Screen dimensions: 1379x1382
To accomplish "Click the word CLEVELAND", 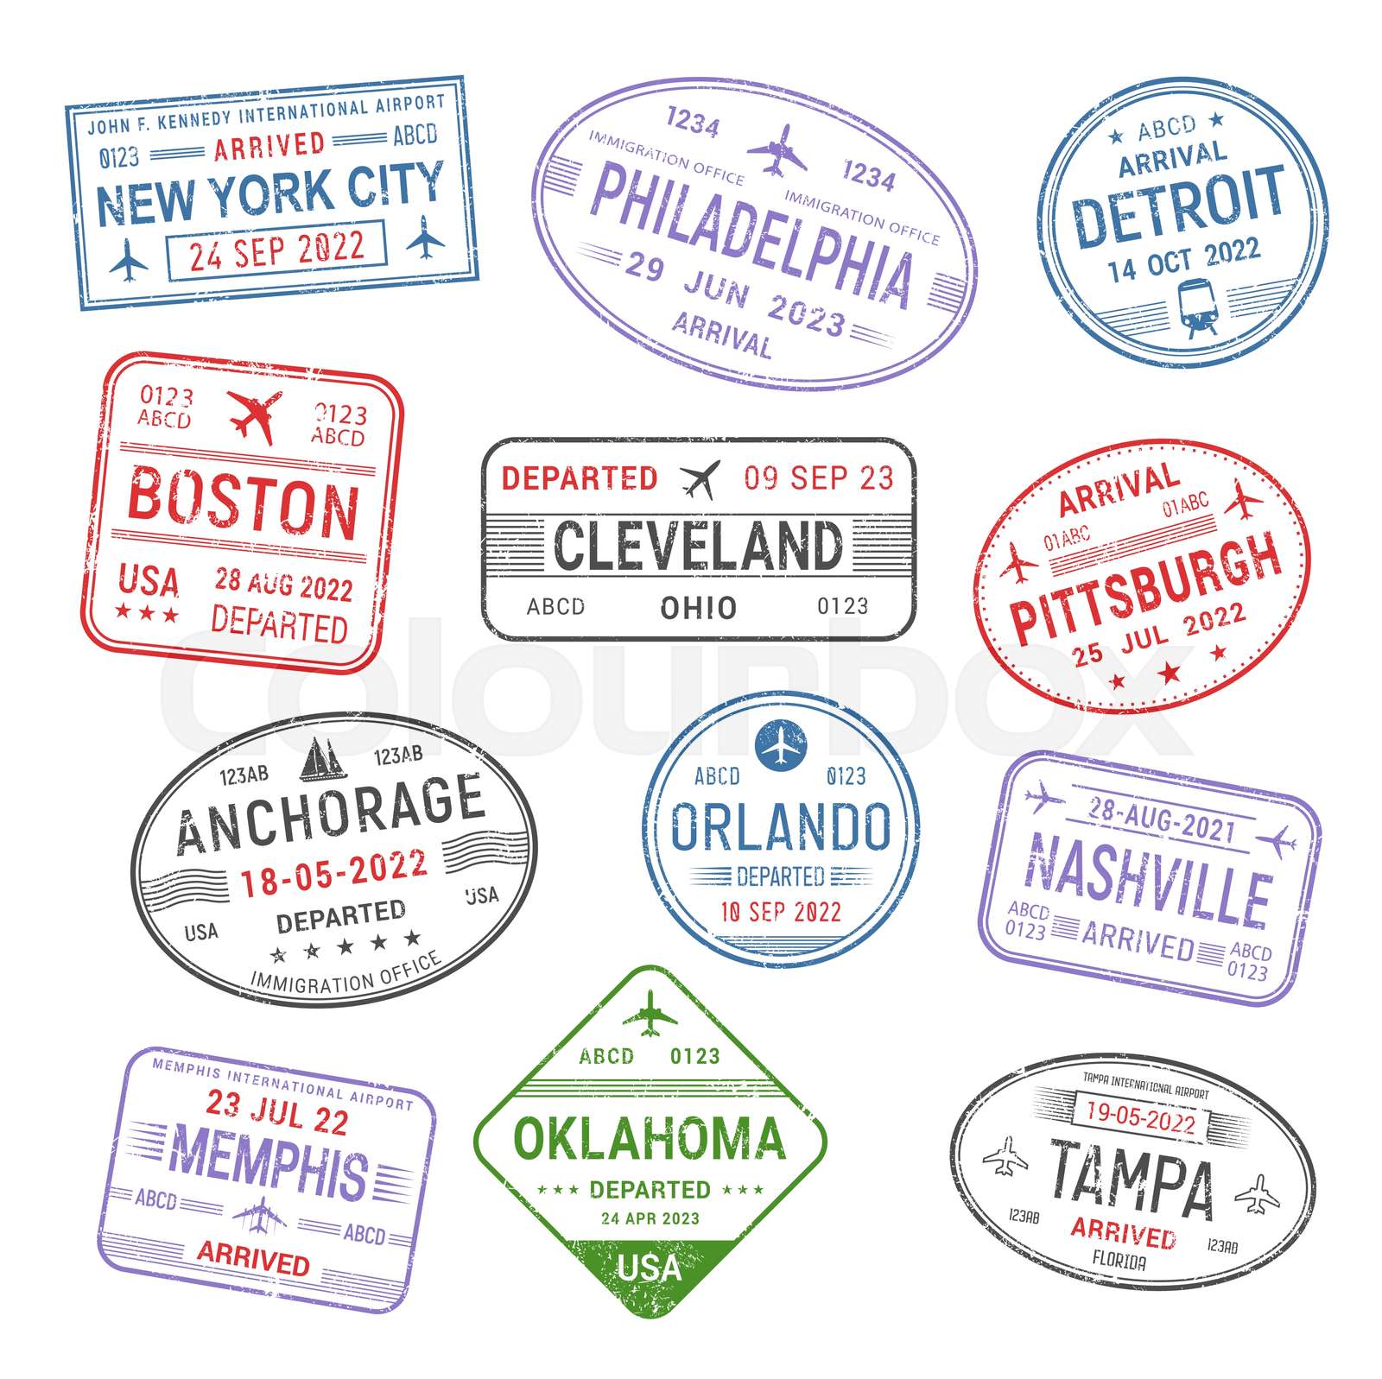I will (x=697, y=545).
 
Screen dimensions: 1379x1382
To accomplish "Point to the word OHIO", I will (x=698, y=608).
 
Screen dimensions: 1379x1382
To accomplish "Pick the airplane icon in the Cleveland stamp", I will (x=700, y=478).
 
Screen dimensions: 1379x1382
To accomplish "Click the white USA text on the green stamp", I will (x=650, y=1268).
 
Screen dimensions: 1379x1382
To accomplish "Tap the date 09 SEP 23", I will (x=818, y=478).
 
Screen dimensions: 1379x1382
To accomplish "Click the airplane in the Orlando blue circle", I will (x=780, y=744).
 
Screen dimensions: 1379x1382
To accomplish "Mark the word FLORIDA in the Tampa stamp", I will (x=1119, y=1261).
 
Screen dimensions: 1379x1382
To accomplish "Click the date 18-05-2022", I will (x=333, y=872).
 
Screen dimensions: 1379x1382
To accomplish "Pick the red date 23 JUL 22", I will (x=276, y=1110).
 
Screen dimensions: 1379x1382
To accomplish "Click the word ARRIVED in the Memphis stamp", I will (x=253, y=1257).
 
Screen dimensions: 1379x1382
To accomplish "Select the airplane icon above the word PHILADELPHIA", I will (x=777, y=149).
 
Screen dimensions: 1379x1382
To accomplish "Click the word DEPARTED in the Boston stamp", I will (x=279, y=623).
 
